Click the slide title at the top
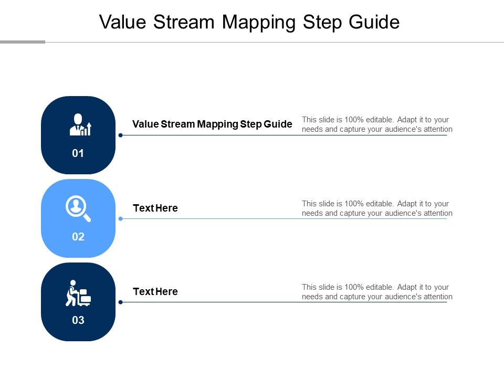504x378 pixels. pos(249,22)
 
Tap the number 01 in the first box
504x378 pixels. pos(78,154)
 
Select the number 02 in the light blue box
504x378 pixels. pos(78,237)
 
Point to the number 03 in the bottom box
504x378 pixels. pos(78,320)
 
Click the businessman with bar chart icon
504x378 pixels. pos(80,125)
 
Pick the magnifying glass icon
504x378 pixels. pos(78,208)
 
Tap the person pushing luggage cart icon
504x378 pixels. pos(78,292)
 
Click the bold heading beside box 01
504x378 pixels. pos(212,124)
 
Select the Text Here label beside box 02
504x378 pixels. pos(155,208)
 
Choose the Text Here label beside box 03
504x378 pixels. pos(155,291)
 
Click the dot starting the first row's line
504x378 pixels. pos(120,135)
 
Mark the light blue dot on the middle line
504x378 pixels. pos(120,218)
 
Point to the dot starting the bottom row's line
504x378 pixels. pos(120,302)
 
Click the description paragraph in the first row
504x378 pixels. pos(377,124)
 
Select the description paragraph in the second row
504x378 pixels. pos(377,208)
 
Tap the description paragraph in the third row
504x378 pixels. pos(377,292)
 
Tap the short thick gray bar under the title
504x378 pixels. pos(23,42)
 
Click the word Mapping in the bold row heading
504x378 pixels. pos(218,124)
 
